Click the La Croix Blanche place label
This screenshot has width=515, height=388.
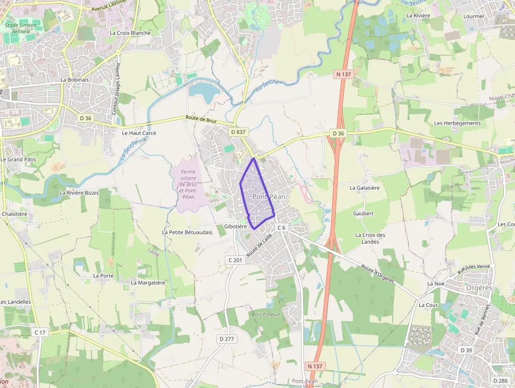click(x=130, y=33)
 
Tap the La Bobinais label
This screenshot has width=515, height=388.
click(x=75, y=79)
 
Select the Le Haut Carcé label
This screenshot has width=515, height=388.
click(x=139, y=133)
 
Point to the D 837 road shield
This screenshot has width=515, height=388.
click(x=238, y=132)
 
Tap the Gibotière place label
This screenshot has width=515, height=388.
click(x=235, y=226)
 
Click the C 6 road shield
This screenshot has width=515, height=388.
click(x=282, y=227)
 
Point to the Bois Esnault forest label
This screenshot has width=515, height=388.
click(x=266, y=314)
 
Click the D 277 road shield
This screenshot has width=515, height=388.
click(x=226, y=339)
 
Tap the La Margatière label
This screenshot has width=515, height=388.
click(x=148, y=282)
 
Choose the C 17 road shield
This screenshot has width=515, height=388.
click(x=40, y=332)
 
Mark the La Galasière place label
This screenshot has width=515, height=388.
click(x=365, y=187)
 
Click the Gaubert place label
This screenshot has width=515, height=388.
click(x=363, y=213)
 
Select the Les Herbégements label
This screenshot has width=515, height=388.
click(x=457, y=123)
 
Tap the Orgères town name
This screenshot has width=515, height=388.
click(x=479, y=288)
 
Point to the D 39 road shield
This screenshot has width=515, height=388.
click(x=466, y=350)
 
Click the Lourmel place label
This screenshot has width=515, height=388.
click(x=473, y=16)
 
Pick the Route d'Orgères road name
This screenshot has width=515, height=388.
click(x=377, y=274)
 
